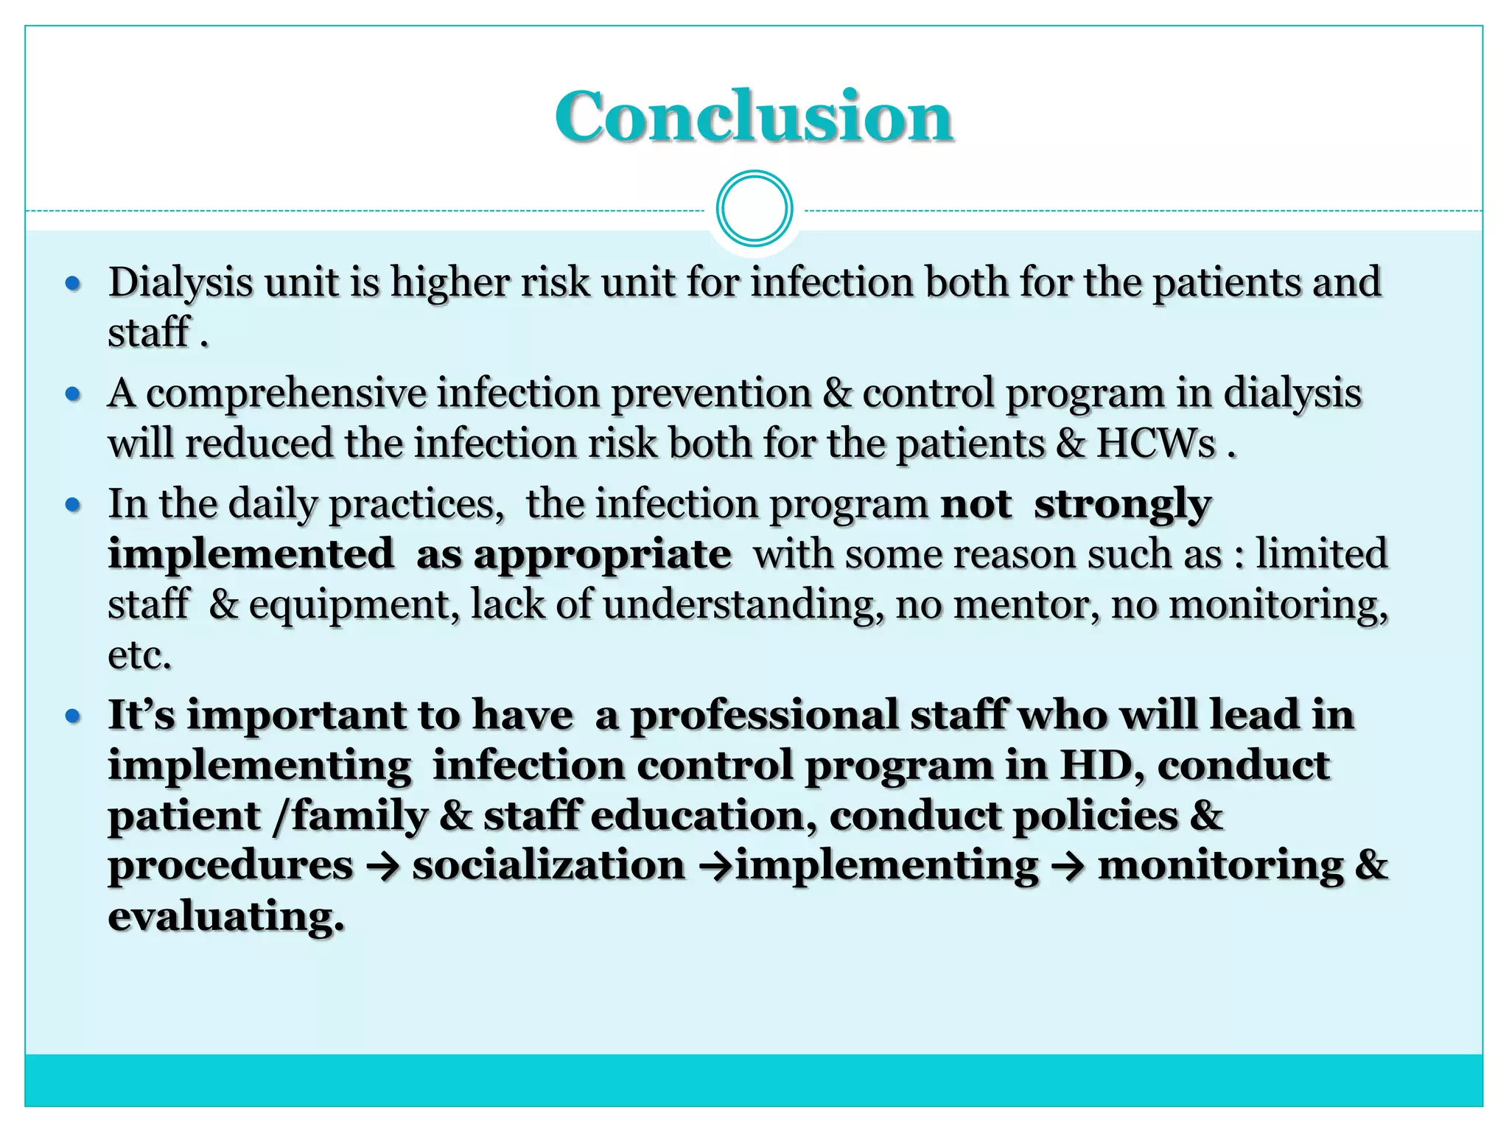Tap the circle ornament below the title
point(754,209)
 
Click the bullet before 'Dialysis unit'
point(72,283)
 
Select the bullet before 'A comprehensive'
point(72,394)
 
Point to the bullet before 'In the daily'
point(72,506)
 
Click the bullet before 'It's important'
point(72,716)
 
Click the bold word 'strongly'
point(1122,505)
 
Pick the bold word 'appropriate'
point(602,555)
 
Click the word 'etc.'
point(139,655)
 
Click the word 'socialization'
point(548,866)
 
